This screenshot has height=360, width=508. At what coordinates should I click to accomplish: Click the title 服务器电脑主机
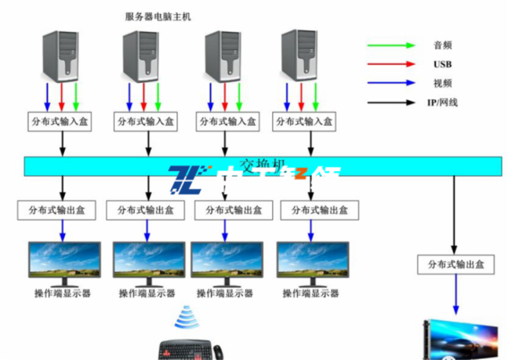pyautogui.click(x=157, y=16)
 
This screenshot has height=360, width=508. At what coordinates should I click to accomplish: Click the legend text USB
pyautogui.click(x=442, y=64)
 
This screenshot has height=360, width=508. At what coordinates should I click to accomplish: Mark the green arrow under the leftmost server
pyautogui.click(x=76, y=96)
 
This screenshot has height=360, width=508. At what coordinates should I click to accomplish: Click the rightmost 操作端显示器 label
pyautogui.click(x=311, y=294)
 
